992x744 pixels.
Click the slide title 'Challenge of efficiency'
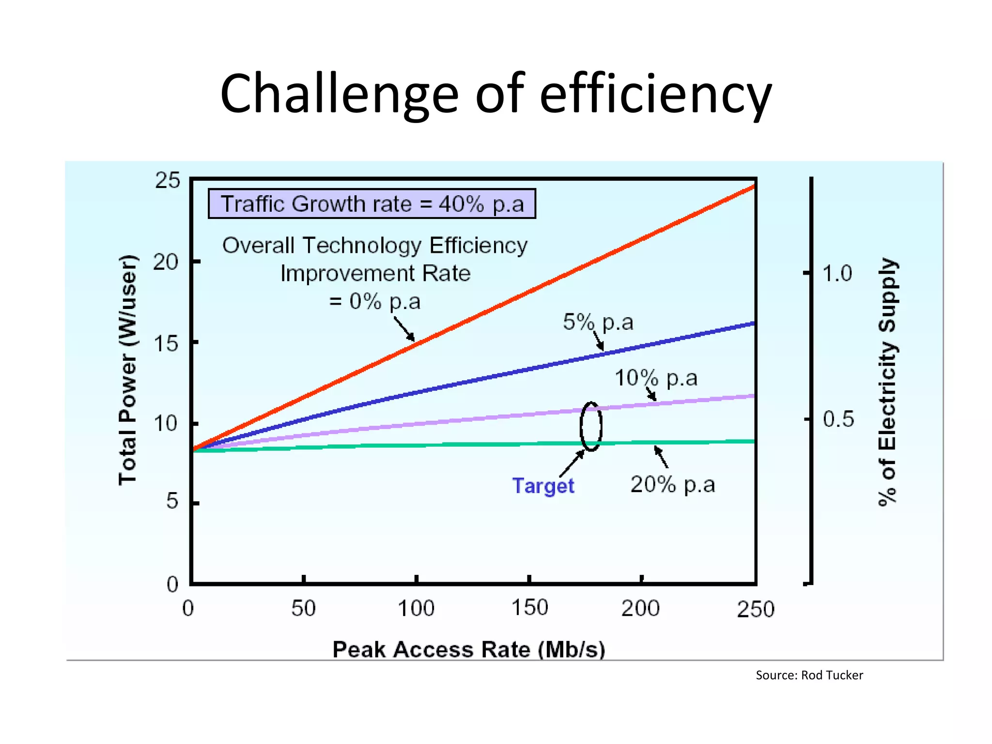(496, 93)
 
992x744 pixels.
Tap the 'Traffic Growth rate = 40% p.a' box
(372, 204)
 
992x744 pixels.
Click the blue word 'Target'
(543, 486)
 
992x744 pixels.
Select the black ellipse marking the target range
(591, 427)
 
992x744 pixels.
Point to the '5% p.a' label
(598, 322)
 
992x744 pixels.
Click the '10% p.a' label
(656, 378)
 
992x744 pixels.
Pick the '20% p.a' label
(672, 484)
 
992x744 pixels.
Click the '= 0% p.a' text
(374, 302)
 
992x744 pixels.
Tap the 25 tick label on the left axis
(168, 181)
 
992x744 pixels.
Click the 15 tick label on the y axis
(166, 344)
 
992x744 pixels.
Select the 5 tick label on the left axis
(172, 501)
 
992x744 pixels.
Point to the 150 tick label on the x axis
(530, 608)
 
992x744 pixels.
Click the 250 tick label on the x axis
(755, 609)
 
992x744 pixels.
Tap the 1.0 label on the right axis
(837, 274)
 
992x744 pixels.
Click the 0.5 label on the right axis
(838, 419)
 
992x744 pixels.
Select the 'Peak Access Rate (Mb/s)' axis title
(468, 650)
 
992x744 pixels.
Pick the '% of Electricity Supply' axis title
(887, 382)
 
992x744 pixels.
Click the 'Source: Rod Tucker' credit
(809, 675)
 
